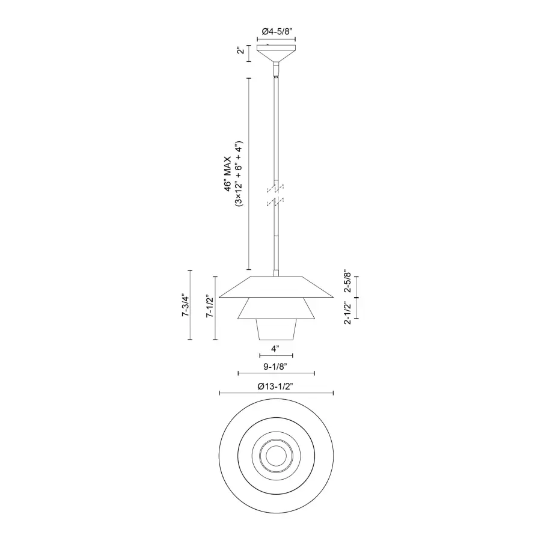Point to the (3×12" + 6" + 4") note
pos(239,175)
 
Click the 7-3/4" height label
pos(186,307)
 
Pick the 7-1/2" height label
pos(210,307)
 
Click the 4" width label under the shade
pos(276,349)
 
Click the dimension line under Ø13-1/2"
pos(277,393)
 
